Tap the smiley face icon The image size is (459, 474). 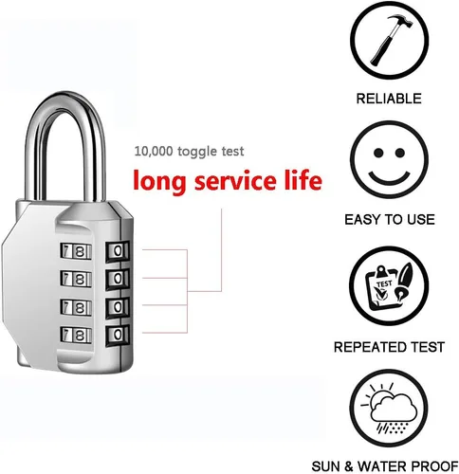point(389,160)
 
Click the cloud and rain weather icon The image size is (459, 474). point(389,409)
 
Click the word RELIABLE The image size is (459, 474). point(389,99)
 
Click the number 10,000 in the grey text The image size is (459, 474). point(154,152)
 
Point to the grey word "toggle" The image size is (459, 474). point(197,152)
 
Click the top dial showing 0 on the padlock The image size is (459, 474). point(118,251)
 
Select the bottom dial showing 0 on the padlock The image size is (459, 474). point(118,335)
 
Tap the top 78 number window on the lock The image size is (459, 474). point(76,251)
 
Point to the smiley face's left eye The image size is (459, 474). point(378,153)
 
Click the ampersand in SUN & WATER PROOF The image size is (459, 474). point(349,466)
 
